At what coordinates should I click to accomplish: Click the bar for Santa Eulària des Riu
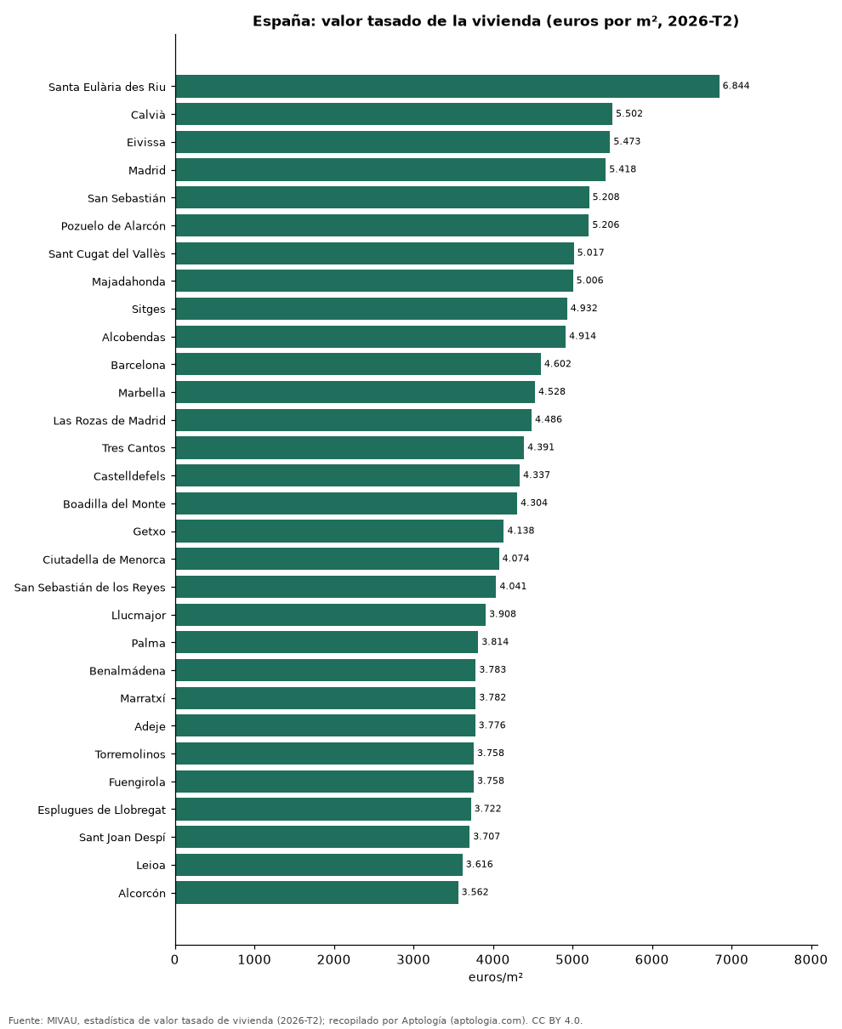(x=447, y=87)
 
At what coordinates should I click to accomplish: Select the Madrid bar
(x=390, y=170)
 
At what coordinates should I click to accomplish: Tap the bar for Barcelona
(x=358, y=365)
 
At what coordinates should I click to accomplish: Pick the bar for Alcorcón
(x=316, y=892)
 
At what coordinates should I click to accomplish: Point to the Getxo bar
(x=339, y=531)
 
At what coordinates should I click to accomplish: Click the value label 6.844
(x=736, y=86)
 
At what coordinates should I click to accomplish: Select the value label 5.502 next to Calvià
(x=629, y=114)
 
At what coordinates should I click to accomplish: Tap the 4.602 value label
(x=557, y=364)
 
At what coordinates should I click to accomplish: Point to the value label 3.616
(x=479, y=864)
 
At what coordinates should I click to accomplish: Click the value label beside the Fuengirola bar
(x=490, y=781)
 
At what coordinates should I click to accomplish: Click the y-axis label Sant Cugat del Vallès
(x=107, y=253)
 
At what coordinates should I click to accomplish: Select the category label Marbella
(x=141, y=393)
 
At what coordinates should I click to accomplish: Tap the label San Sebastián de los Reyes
(x=90, y=588)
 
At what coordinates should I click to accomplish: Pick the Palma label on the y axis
(x=148, y=643)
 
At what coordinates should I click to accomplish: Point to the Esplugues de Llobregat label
(x=101, y=810)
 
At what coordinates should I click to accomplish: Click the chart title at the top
(x=496, y=21)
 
